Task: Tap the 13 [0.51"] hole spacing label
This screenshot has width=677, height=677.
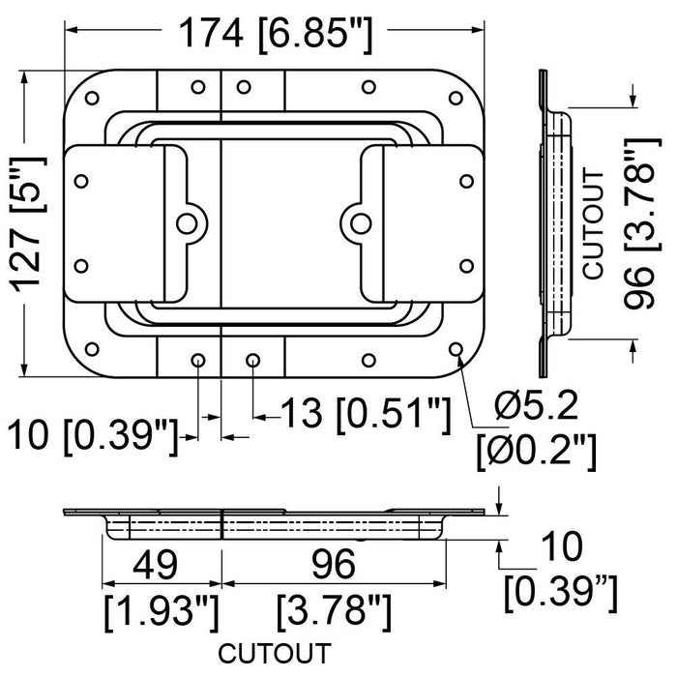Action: pos(367,416)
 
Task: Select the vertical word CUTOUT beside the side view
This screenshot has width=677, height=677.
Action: pos(595,224)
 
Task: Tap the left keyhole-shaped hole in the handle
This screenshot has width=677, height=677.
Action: pos(186,222)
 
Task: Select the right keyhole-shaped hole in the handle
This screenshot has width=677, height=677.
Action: pos(360,222)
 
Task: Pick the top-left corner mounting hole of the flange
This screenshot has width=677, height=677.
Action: pos(94,99)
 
